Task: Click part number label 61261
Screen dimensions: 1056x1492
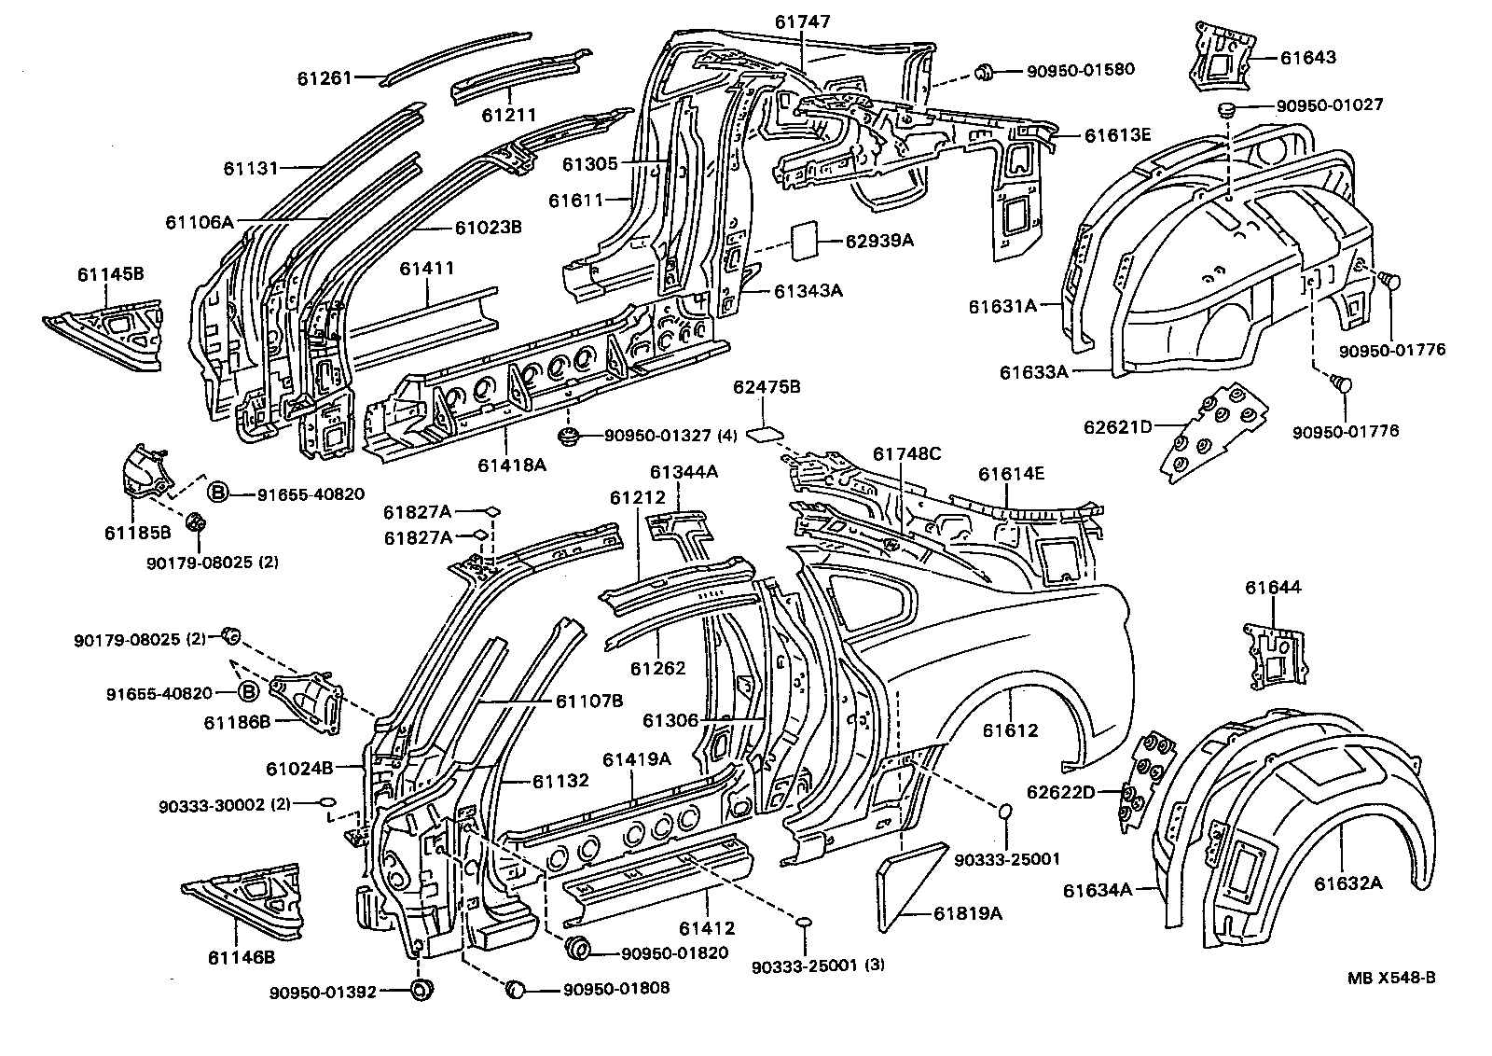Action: coord(325,78)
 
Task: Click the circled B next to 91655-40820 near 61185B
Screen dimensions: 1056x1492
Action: coord(216,493)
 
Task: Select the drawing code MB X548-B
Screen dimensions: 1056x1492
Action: coord(1390,978)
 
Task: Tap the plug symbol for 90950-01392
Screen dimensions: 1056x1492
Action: coord(422,991)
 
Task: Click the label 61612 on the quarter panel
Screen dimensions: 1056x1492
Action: coord(1010,730)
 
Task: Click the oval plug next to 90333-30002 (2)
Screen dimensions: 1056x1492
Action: coord(327,801)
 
